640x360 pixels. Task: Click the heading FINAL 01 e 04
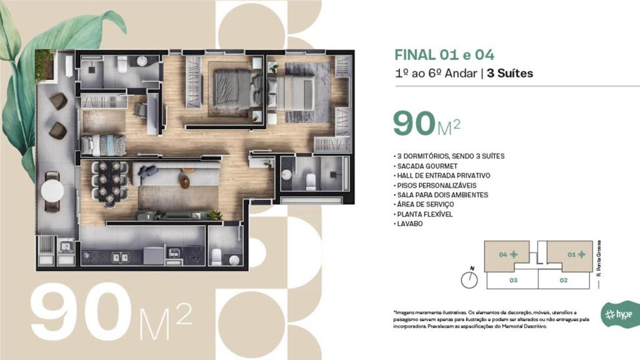tap(444, 55)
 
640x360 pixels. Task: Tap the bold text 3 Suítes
tap(510, 73)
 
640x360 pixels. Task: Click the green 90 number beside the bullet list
tap(414, 123)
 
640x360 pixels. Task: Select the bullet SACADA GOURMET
tap(425, 166)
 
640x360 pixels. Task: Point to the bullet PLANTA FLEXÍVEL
tap(423, 214)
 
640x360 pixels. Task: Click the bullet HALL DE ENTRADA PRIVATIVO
tap(442, 175)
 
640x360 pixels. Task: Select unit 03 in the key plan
tap(513, 280)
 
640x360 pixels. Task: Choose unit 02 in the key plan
tap(563, 280)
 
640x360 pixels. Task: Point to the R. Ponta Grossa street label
tap(599, 258)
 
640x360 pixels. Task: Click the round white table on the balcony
tap(52, 191)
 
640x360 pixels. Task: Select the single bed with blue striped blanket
tap(104, 145)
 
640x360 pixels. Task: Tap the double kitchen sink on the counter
tap(121, 258)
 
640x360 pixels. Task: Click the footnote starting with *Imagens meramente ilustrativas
tap(491, 319)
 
